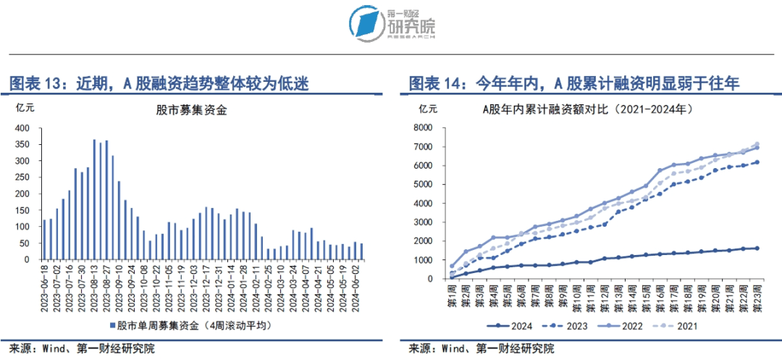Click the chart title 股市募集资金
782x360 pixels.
[191, 110]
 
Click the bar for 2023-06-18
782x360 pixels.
[44, 239]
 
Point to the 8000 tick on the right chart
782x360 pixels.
[423, 127]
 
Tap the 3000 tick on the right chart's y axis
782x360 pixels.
[423, 222]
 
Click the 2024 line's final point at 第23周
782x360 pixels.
[758, 248]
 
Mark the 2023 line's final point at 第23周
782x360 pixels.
[758, 162]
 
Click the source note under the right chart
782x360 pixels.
[482, 348]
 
